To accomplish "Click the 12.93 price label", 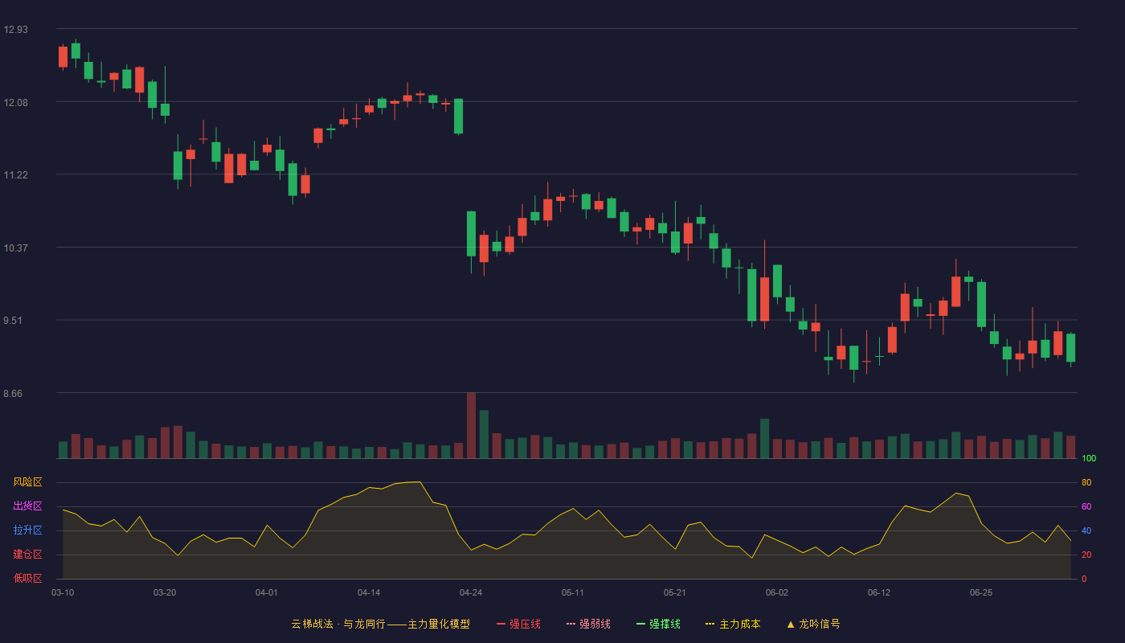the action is point(15,30).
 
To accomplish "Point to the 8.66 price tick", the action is point(13,393).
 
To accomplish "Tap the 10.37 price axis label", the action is point(15,248).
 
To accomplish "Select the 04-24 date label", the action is point(471,593).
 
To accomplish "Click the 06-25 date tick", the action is point(981,593).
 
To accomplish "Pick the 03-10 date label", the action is point(63,593).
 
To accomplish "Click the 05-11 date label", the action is point(572,593).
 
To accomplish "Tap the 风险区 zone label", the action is point(27,482).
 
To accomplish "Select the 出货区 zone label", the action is point(27,506).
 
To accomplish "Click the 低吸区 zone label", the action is point(27,578).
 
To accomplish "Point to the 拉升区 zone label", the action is point(27,530).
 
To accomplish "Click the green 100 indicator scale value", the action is point(1089,458).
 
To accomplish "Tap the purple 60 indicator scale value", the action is point(1086,506).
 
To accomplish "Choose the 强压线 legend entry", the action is point(518,624).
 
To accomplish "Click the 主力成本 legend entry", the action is point(733,624).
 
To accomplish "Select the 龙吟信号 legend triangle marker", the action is point(791,625).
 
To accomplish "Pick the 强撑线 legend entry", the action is point(658,624).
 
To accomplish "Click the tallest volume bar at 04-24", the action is point(471,425).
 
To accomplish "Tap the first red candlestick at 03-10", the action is point(63,57).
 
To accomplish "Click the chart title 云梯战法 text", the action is point(312,624).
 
